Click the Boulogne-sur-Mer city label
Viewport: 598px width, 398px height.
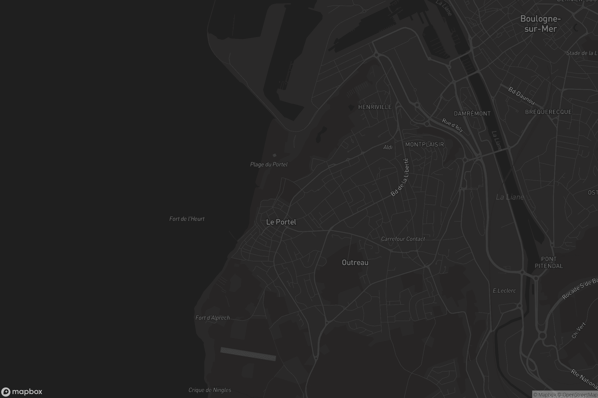point(540,24)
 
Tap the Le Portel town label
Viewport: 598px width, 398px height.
point(281,222)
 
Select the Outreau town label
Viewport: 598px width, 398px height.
point(355,262)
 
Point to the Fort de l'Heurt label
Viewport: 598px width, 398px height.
point(187,219)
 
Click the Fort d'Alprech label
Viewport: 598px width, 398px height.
point(213,318)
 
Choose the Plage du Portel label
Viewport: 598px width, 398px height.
point(269,164)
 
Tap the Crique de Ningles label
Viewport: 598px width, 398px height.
point(210,390)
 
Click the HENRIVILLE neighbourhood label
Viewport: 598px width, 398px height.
point(375,107)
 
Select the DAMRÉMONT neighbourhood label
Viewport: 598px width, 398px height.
point(472,114)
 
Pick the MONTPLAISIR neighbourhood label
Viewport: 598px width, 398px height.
point(424,145)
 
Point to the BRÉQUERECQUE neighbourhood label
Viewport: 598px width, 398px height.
point(548,112)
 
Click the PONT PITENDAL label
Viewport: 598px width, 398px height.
point(549,262)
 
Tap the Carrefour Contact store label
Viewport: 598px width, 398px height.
point(403,239)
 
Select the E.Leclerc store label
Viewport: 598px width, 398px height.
point(504,291)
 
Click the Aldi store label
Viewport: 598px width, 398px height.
point(388,147)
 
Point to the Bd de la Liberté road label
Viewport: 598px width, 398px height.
point(400,177)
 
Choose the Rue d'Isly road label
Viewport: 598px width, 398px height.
point(452,125)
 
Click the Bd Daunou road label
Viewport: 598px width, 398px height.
point(521,96)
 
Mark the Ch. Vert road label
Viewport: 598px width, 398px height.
point(578,331)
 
